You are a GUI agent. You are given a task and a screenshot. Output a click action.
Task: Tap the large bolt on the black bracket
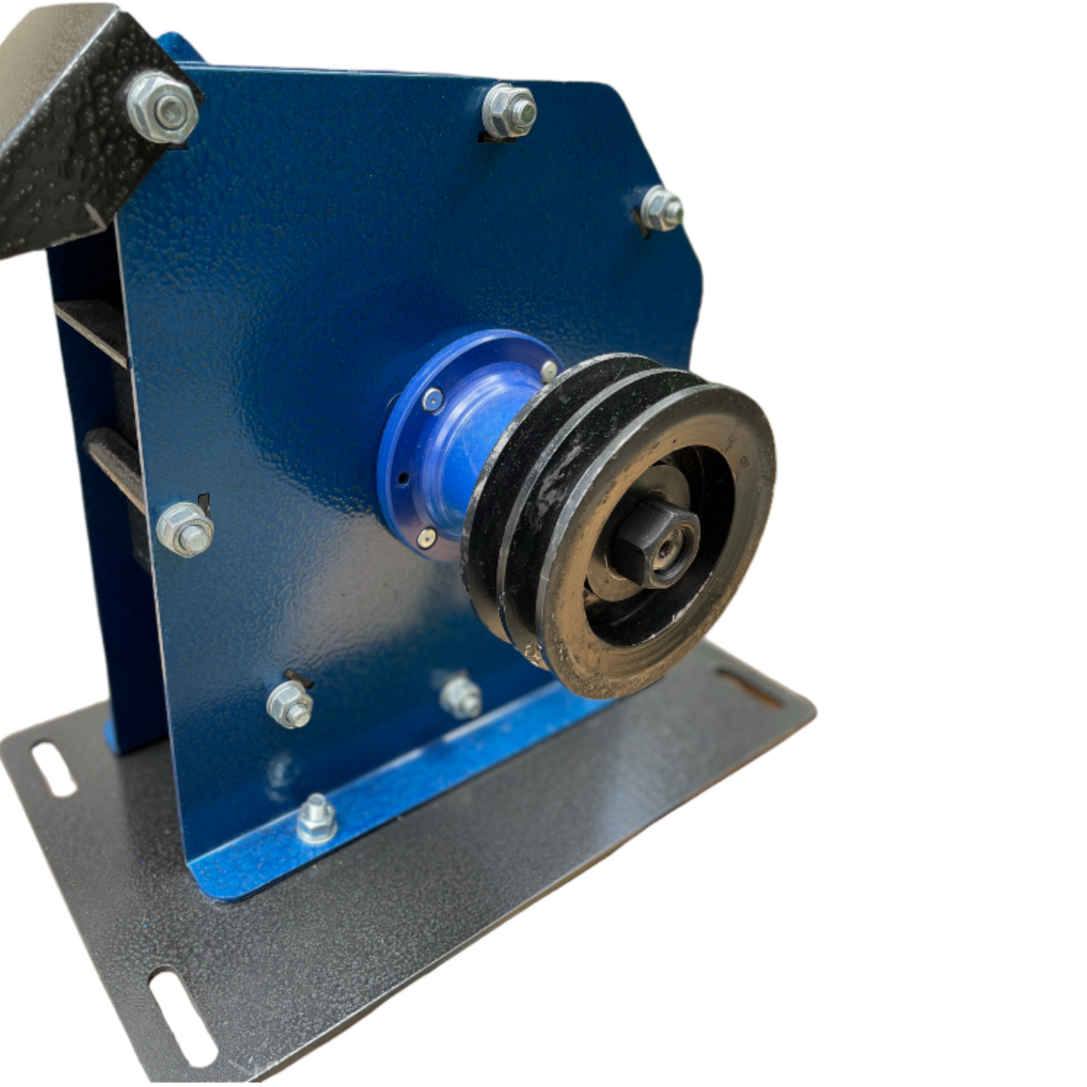[x=163, y=108]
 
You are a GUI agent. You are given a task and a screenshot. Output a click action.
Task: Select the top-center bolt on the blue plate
[x=509, y=111]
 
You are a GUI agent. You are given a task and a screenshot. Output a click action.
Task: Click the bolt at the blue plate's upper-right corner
[x=662, y=208]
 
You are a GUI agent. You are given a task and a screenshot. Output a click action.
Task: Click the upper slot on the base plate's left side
[x=54, y=769]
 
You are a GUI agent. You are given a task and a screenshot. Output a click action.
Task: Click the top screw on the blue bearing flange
[x=549, y=370]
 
